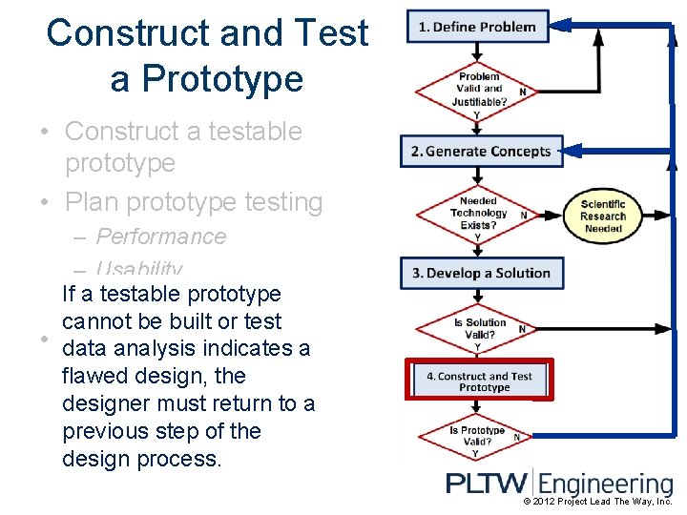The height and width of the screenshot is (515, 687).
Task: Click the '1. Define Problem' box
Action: pos(477,27)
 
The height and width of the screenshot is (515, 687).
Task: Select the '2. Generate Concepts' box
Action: pos(481,151)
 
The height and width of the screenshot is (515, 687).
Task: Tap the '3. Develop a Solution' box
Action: pos(481,273)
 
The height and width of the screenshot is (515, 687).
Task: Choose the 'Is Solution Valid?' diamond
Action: pos(477,329)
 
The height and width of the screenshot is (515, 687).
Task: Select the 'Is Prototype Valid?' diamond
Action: pos(477,436)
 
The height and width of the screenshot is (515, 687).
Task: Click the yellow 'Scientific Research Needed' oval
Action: pos(602,216)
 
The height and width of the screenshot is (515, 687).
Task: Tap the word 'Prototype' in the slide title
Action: pos(207,78)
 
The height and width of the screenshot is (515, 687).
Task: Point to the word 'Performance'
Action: pos(161,237)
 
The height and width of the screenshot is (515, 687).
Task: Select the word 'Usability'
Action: pos(139,269)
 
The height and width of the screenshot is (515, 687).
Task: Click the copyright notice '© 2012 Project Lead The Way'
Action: pos(598,502)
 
